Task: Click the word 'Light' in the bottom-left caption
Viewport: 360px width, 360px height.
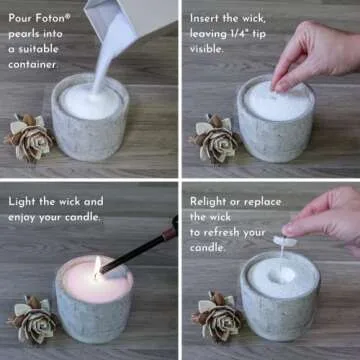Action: [26, 200]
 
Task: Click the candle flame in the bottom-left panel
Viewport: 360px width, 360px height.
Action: [97, 267]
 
